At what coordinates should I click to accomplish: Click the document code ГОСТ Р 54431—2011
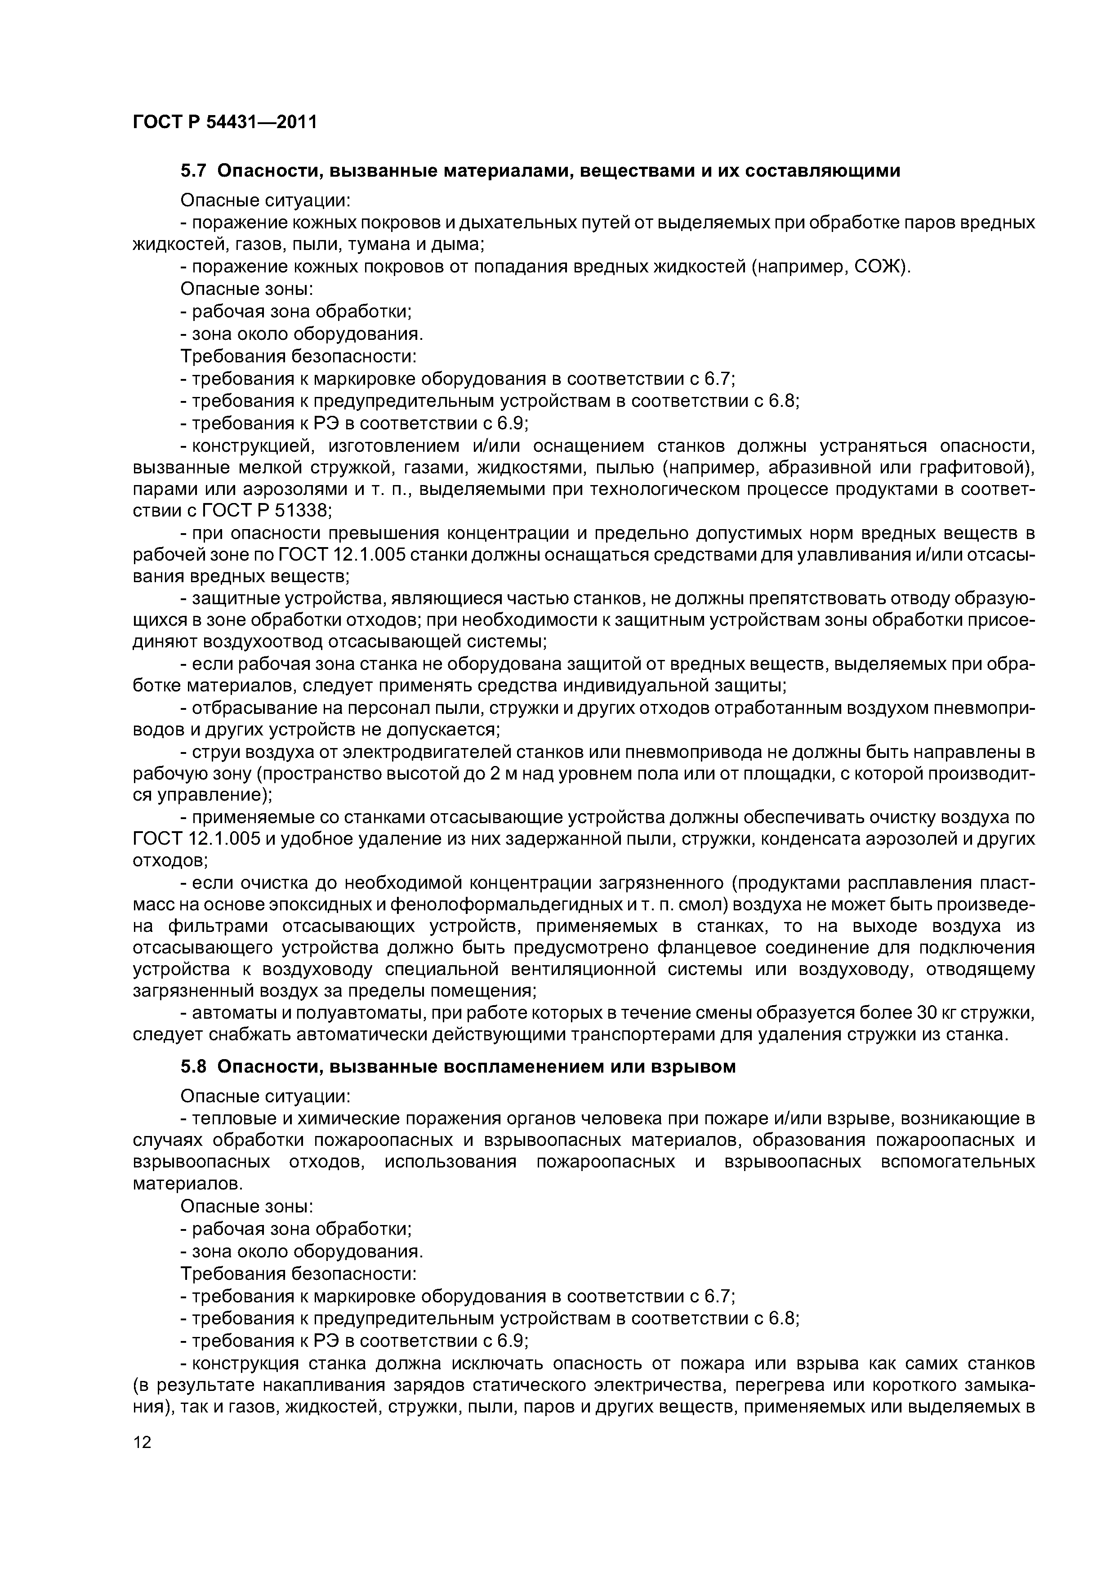click(x=224, y=122)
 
